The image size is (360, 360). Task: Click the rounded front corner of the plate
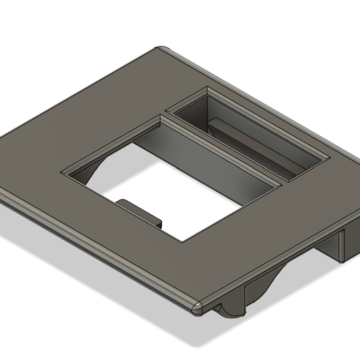(197, 305)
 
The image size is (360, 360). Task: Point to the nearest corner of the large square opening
(183, 241)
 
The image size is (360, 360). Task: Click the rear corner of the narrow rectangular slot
(208, 89)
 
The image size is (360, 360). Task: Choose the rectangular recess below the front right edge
(251, 293)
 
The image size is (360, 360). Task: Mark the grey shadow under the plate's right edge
(307, 279)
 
